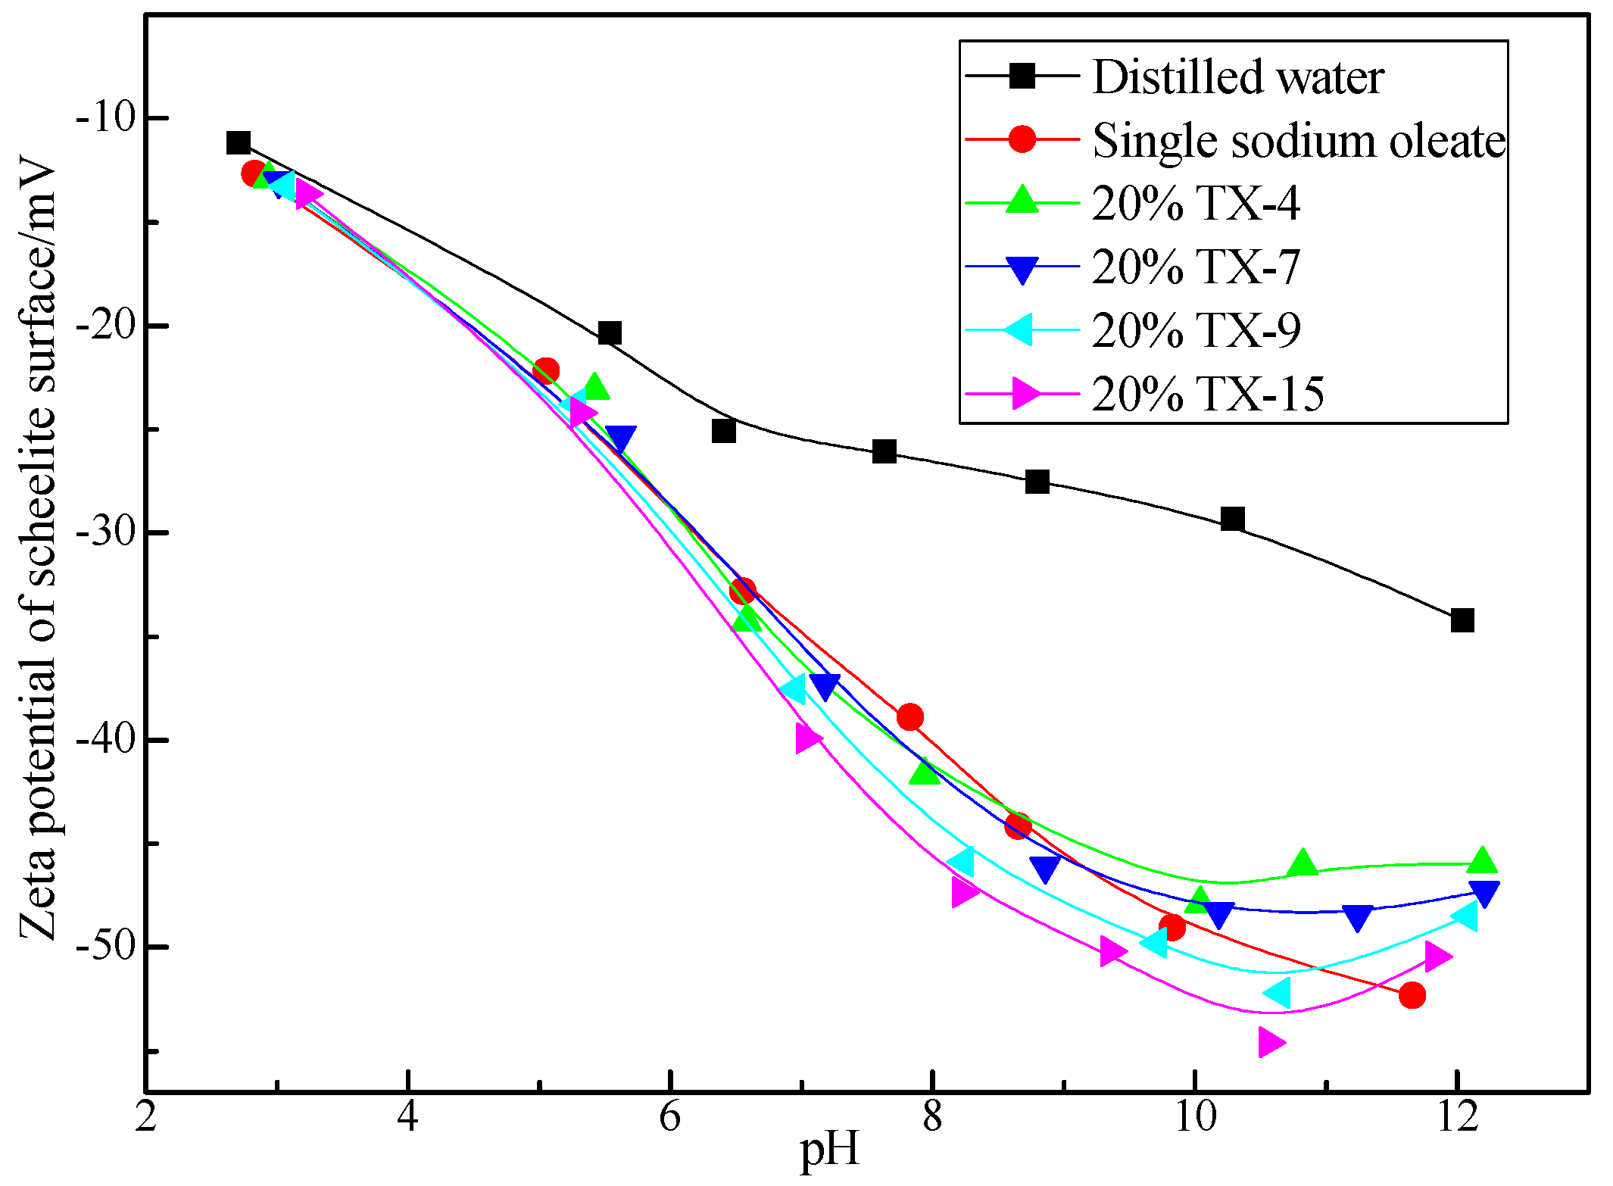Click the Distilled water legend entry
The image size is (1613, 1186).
[1238, 76]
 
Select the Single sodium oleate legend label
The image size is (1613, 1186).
[1299, 140]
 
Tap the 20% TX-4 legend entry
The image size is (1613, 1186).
[1196, 203]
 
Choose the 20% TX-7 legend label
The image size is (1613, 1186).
[1196, 267]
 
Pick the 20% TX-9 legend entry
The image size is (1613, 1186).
[1196, 330]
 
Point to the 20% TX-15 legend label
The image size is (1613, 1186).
[1208, 394]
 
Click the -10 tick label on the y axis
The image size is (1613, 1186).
[104, 119]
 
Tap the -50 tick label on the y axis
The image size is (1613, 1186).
[104, 947]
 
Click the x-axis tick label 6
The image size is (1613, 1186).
[670, 1116]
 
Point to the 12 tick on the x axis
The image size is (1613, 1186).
[1456, 1116]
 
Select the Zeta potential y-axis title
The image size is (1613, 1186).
[38, 549]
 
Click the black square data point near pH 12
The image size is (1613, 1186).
[1462, 620]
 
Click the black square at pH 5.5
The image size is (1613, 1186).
[610, 332]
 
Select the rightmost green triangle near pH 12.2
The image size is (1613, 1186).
[1482, 861]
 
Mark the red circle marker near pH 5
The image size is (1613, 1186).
[546, 371]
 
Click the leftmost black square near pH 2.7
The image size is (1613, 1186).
[239, 142]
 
